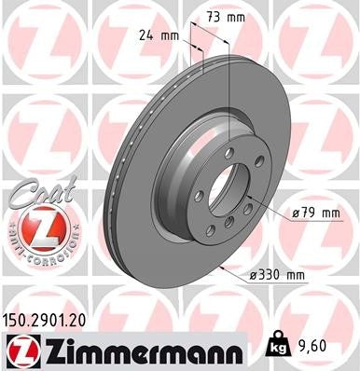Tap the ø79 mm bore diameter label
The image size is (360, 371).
313,213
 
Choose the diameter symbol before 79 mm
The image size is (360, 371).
295,213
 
